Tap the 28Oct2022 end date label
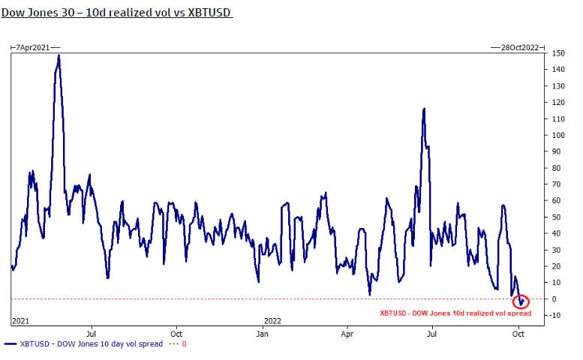click(x=519, y=46)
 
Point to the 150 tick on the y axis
click(x=559, y=53)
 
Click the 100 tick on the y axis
click(x=559, y=135)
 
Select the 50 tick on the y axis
click(x=557, y=217)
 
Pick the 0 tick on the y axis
click(x=555, y=298)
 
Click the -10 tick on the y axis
click(x=557, y=315)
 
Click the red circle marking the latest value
click(x=520, y=301)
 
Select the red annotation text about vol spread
click(x=455, y=313)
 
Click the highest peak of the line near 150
click(x=59, y=55)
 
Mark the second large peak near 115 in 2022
click(x=424, y=109)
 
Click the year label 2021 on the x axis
click(x=20, y=320)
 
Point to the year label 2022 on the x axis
click(x=272, y=320)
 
